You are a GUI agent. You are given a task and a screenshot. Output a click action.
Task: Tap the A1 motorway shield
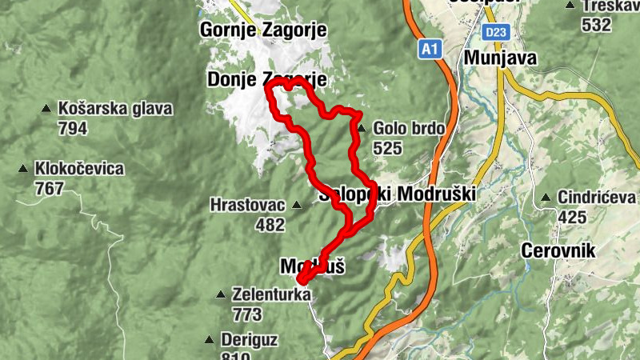(430, 50)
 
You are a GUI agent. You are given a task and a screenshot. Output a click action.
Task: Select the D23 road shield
(495, 32)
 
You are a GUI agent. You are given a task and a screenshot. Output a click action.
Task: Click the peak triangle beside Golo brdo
(361, 128)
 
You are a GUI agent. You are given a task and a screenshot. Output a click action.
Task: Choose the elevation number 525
(386, 148)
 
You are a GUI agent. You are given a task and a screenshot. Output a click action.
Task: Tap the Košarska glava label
(115, 109)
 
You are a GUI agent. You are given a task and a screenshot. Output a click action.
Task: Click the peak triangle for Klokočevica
(23, 169)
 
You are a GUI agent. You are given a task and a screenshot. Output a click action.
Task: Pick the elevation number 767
(50, 188)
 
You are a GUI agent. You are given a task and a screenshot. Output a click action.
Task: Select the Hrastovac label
(247, 205)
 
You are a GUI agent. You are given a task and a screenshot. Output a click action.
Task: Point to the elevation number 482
(270, 225)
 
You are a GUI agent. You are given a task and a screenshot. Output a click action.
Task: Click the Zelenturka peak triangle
(221, 294)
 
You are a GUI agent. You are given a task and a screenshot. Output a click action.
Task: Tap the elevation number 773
(246, 314)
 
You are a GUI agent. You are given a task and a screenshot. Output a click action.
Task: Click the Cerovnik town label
(558, 251)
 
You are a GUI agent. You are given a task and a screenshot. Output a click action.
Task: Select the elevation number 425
(573, 217)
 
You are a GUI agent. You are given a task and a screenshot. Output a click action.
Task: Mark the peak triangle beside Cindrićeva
(546, 198)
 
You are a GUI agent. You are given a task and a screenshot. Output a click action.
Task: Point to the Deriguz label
(250, 339)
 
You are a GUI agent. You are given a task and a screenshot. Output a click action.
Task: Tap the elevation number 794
(73, 128)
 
